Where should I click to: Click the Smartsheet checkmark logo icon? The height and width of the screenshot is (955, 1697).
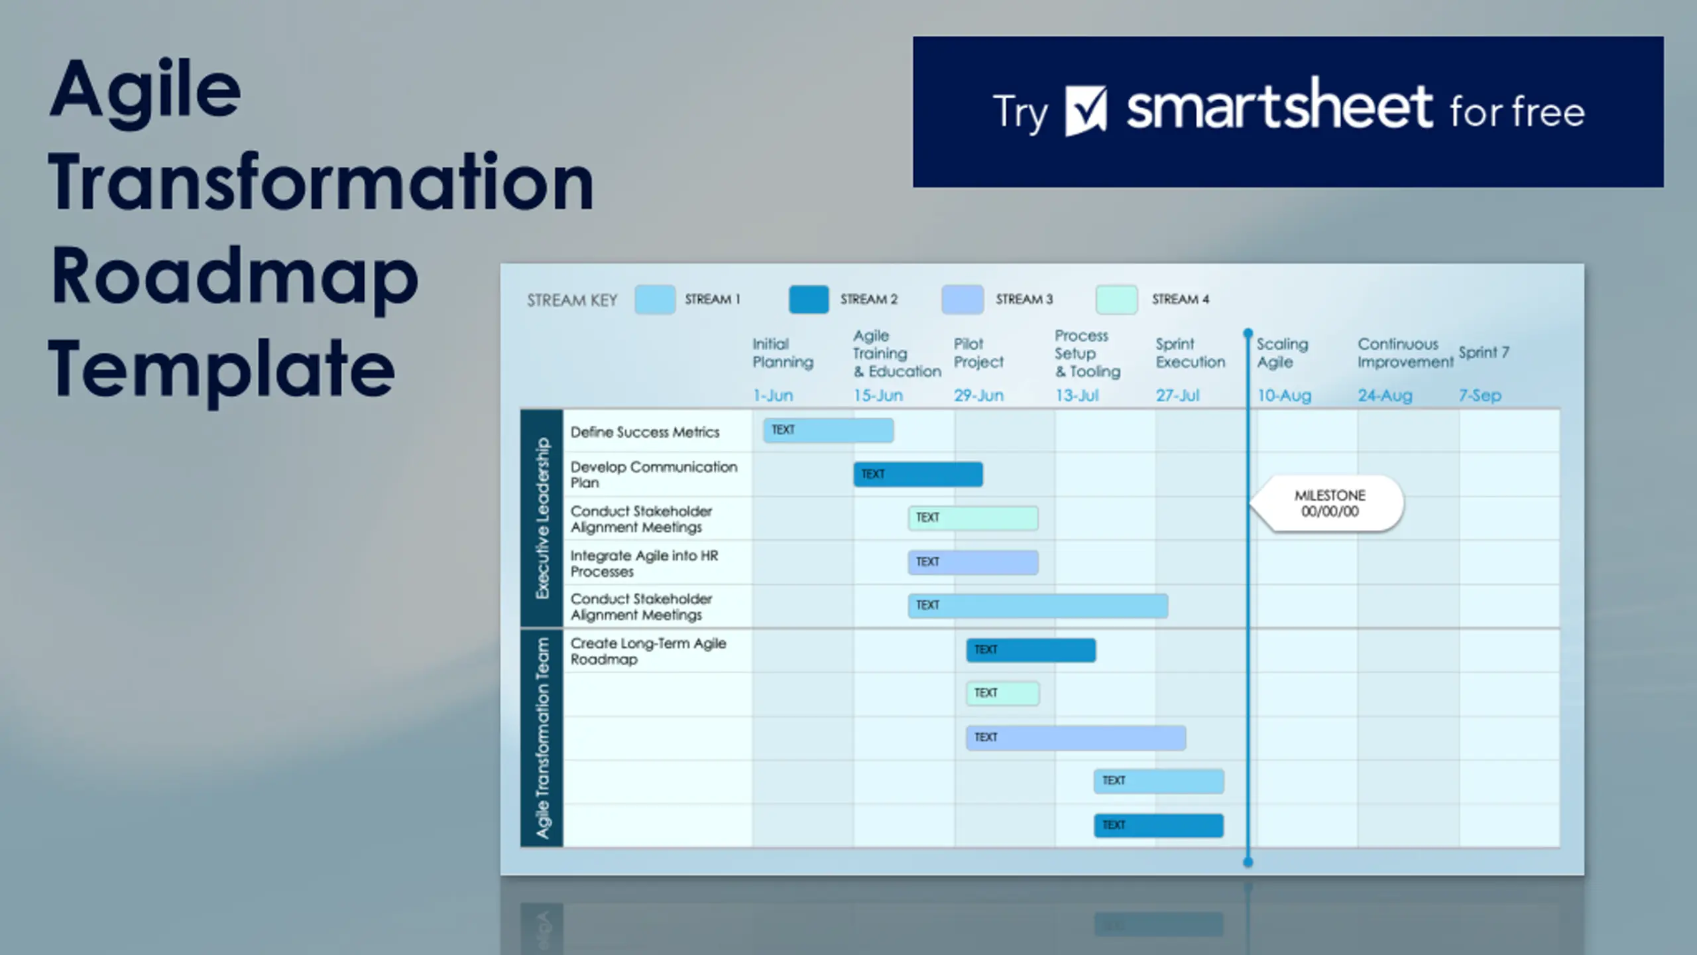pos(1086,111)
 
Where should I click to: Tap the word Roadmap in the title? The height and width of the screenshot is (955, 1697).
pos(235,277)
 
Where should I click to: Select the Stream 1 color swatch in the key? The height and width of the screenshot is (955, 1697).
pos(655,300)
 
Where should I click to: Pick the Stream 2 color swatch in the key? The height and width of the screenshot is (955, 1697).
pos(809,300)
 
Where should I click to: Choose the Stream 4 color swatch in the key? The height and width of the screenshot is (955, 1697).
pos(1117,300)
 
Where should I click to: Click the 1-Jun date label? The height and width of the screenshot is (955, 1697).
pos(773,396)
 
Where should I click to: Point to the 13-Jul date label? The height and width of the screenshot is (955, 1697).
pos(1077,396)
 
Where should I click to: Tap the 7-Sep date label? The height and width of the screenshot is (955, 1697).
pos(1480,396)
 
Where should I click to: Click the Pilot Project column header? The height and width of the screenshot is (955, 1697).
pos(979,353)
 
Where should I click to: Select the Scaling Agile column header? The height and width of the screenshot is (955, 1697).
pos(1283,353)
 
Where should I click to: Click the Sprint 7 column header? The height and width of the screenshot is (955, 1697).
pos(1484,352)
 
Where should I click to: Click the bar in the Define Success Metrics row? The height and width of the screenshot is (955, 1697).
pos(829,430)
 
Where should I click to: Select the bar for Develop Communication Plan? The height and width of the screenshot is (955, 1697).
pos(918,474)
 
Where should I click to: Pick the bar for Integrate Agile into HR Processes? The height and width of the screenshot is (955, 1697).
pos(973,562)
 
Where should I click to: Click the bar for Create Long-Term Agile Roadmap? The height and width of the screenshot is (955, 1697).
pos(1031,650)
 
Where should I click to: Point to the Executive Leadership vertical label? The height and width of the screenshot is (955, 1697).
pos(543,518)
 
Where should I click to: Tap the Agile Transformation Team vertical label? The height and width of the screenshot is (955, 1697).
pos(543,738)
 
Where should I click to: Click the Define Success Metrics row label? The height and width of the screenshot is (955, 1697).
pos(645,432)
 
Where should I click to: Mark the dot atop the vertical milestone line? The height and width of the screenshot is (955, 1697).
pos(1248,332)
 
